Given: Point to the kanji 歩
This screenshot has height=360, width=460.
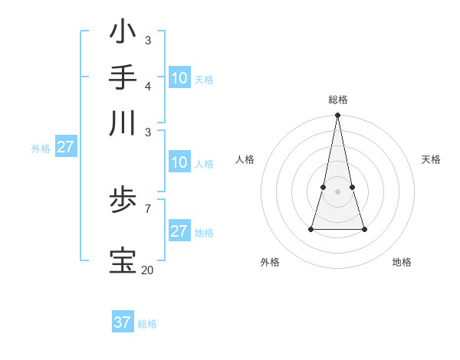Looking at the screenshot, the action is (123, 202).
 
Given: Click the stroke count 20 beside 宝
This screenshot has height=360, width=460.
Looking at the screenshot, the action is (147, 270).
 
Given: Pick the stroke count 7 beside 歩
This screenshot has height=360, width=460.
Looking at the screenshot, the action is (147, 208).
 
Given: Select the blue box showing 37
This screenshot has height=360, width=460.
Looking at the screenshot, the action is (122, 322).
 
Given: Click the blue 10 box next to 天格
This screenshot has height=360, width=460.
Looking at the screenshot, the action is (179, 78).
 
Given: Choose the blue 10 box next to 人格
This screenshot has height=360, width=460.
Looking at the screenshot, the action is (179, 162).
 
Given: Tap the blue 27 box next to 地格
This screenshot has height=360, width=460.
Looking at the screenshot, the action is (179, 231).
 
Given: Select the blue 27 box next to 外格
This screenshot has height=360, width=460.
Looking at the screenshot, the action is (65, 147).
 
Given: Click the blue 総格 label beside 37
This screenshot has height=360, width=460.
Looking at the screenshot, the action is (147, 324).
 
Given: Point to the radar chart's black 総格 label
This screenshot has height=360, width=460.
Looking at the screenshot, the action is (337, 100).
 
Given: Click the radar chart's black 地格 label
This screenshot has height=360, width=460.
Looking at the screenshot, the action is (402, 262).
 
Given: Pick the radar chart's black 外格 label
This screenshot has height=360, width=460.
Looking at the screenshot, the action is (270, 262).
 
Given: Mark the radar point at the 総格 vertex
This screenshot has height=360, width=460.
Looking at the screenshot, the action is (337, 116).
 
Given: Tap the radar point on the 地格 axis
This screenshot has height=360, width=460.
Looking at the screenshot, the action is (364, 229).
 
